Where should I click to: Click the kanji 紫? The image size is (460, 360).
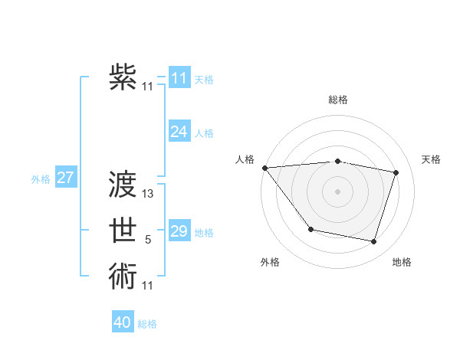123,77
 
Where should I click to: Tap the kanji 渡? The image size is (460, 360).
123,184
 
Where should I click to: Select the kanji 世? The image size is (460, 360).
123,231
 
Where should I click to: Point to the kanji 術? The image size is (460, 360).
123,276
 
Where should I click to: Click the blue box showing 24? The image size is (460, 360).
179,132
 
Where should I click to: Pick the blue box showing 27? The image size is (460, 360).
65,178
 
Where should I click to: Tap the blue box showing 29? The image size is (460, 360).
179,231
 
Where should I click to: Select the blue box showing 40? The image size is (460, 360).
123,322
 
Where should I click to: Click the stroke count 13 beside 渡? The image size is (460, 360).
149,194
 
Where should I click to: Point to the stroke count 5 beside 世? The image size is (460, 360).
148,241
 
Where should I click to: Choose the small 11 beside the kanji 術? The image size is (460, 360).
148,286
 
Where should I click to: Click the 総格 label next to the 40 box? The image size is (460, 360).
147,324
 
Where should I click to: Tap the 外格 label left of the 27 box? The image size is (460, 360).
41,179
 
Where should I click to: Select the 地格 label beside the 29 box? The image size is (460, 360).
204,232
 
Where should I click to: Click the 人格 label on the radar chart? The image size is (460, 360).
245,159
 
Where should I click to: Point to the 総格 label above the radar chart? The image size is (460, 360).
337,100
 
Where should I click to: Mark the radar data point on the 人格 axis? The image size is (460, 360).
264,168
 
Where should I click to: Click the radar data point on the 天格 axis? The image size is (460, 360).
396,172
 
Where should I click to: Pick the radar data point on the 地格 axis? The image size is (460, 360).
373,241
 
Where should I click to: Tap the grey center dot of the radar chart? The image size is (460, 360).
337,191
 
